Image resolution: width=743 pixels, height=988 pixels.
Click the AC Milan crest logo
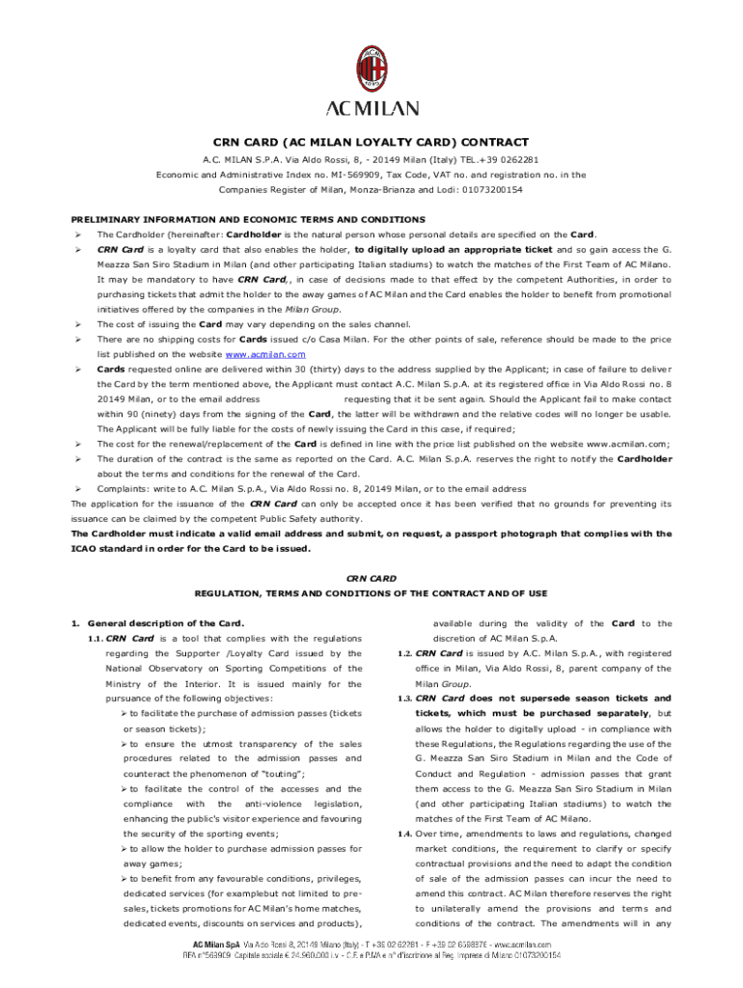click(x=371, y=68)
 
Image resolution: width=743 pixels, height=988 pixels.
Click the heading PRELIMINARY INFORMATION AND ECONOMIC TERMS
click(x=248, y=220)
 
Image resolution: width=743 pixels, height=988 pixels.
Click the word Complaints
click(x=121, y=488)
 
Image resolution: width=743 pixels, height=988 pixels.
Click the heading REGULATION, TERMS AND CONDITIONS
click(x=371, y=592)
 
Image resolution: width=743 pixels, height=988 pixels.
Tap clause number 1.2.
click(x=404, y=653)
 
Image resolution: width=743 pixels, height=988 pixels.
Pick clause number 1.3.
click(x=404, y=698)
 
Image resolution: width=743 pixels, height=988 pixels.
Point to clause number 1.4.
click(x=404, y=833)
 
